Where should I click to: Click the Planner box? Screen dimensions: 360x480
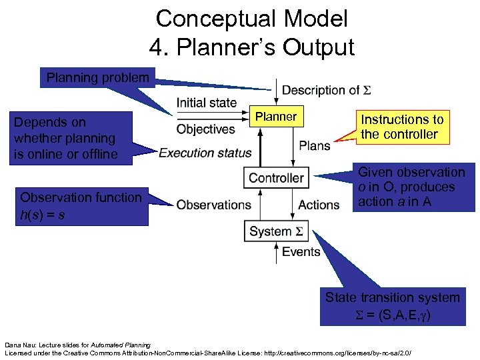point(276,117)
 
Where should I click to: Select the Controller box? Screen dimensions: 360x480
point(276,178)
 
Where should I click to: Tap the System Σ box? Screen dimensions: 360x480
point(276,231)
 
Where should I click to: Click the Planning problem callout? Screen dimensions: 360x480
point(97,78)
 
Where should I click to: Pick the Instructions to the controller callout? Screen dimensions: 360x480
point(402,127)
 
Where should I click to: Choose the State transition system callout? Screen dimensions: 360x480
point(392,305)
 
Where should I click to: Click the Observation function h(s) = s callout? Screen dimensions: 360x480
point(81,205)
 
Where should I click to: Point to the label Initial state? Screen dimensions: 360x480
point(207,103)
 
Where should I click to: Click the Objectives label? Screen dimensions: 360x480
point(206,129)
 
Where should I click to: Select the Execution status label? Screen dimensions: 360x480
point(205,153)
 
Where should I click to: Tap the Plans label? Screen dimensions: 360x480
point(315,145)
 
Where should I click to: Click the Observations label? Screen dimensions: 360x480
point(213,205)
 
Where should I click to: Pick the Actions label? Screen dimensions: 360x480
point(319,205)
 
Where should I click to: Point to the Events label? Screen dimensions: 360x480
point(301,252)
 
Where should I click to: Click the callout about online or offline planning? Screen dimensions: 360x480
point(65,139)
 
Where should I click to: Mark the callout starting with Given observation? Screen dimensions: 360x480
point(411,187)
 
